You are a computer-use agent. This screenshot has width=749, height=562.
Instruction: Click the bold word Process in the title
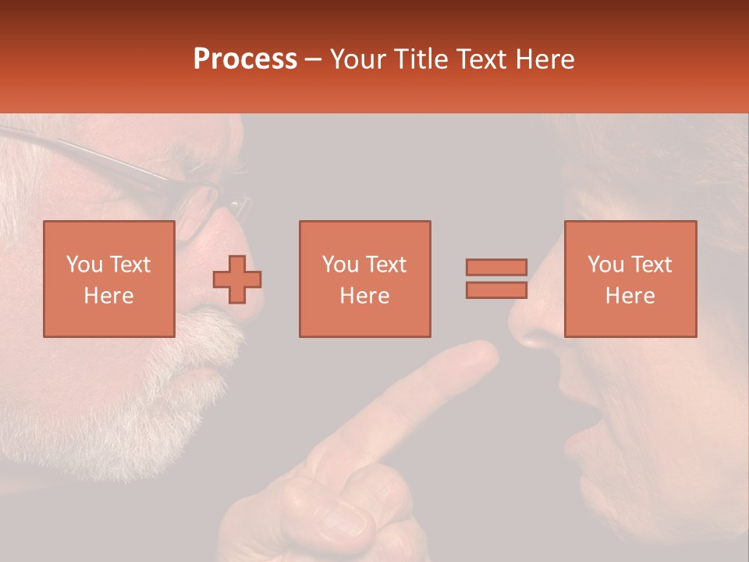pos(245,59)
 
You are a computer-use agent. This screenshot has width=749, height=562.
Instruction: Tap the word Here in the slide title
pos(544,59)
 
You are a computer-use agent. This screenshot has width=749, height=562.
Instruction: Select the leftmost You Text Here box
pos(108,279)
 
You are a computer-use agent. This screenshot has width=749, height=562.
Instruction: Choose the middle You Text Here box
pos(364,279)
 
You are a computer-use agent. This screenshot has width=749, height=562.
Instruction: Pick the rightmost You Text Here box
pos(630,279)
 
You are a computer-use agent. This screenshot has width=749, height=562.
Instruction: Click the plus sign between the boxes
pos(237,279)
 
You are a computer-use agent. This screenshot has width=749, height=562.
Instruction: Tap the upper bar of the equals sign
pos(496,267)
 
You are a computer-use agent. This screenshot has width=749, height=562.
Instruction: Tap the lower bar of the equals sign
pos(496,290)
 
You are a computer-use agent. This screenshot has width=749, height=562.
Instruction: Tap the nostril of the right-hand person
pos(536,340)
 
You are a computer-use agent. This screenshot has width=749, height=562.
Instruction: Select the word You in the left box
pos(84,264)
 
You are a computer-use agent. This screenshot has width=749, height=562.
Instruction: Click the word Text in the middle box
pos(386,264)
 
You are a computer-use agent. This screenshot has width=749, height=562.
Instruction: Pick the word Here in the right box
pos(630,295)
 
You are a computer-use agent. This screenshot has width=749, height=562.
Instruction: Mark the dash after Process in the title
pos(314,59)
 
